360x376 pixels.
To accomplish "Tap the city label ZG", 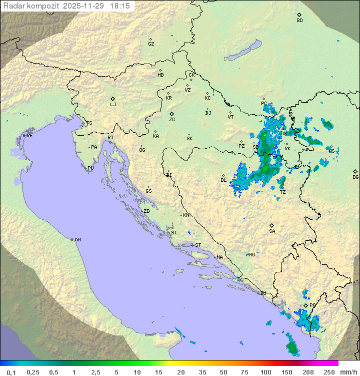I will tap(172, 120).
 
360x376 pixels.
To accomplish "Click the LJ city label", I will tap(113, 105).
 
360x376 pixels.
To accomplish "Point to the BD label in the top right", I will tap(299, 21).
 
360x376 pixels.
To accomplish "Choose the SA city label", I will tap(272, 231).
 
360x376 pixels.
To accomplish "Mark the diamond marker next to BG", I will tap(355, 171).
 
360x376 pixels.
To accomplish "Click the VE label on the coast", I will tap(29, 136).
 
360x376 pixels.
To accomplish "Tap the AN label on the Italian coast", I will tap(77, 240).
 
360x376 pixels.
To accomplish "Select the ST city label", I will tap(198, 245).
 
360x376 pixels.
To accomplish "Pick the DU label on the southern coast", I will tap(262, 293).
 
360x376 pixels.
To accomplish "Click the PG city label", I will tap(312, 305).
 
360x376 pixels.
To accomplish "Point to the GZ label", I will tap(151, 44).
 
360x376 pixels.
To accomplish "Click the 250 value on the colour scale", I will tap(328, 372).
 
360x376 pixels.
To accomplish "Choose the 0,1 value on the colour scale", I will tap(11, 372).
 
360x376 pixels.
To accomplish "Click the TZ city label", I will tap(282, 192).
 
